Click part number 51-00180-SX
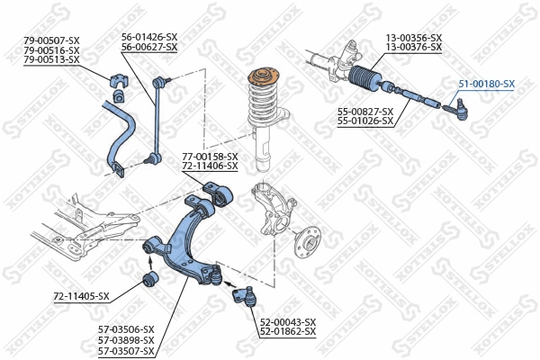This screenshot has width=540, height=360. [x=486, y=84]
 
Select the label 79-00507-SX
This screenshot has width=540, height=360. [x=52, y=40]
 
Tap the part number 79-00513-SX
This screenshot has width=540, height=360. [x=52, y=59]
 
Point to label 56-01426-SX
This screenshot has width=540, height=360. [x=149, y=37]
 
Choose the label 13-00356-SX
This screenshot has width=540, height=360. [x=414, y=37]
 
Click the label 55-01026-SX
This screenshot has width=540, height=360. [x=365, y=120]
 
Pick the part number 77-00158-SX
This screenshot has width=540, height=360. [x=210, y=157]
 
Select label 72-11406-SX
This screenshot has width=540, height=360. [x=210, y=166]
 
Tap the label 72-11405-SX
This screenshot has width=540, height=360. [x=81, y=296]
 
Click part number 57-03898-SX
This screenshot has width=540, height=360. [x=126, y=339]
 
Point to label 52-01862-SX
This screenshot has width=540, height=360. [x=288, y=332]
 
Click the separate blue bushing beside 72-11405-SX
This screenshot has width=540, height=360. [x=151, y=281]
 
